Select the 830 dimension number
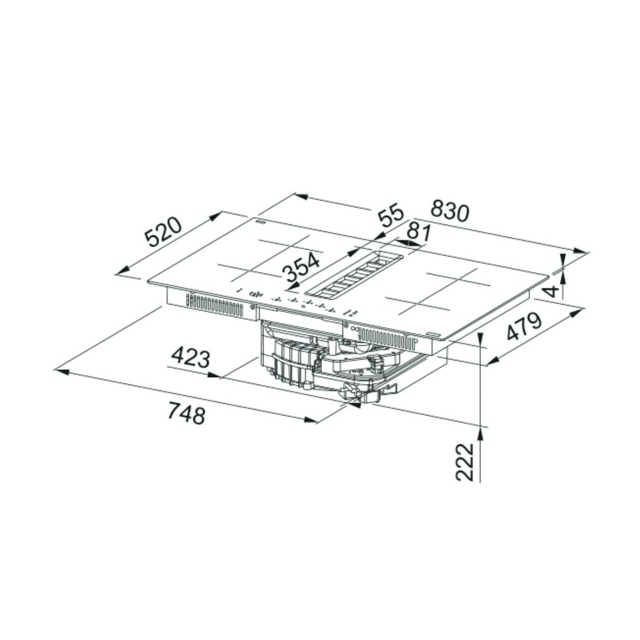(450, 211)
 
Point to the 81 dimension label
(419, 232)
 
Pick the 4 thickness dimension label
(552, 291)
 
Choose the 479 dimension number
(524, 326)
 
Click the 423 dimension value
(191, 357)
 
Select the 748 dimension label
(186, 413)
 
